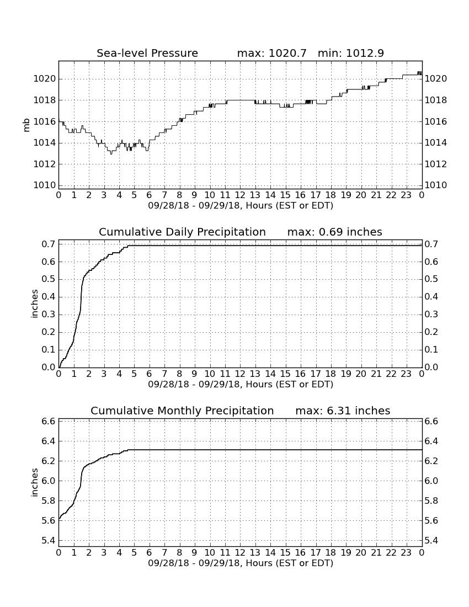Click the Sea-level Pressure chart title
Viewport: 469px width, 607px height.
click(x=147, y=53)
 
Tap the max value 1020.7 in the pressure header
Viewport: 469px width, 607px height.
click(x=287, y=53)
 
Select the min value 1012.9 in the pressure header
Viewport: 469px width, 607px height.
click(x=365, y=53)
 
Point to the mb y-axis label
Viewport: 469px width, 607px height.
click(x=26, y=125)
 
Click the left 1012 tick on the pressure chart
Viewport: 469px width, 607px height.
click(x=45, y=164)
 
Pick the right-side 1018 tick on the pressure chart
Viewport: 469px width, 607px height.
click(x=436, y=100)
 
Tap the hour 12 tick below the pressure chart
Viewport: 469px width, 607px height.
click(x=240, y=195)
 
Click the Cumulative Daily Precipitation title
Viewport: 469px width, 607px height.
click(x=182, y=232)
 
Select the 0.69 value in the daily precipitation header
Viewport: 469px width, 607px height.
click(x=331, y=232)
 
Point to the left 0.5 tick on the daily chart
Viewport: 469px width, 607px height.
click(x=48, y=280)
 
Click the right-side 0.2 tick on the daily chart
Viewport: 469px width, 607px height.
click(x=431, y=332)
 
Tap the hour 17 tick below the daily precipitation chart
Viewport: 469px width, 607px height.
click(x=316, y=374)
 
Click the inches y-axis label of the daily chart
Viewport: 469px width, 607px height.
click(x=34, y=304)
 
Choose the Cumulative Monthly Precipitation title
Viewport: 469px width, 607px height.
click(x=182, y=411)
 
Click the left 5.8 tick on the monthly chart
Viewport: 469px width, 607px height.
click(x=48, y=501)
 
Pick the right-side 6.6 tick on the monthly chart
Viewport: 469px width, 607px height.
click(x=431, y=422)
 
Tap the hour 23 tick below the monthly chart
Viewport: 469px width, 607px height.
click(x=406, y=552)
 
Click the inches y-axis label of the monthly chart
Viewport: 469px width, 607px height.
click(x=34, y=483)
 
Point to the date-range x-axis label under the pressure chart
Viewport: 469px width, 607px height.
click(x=241, y=206)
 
